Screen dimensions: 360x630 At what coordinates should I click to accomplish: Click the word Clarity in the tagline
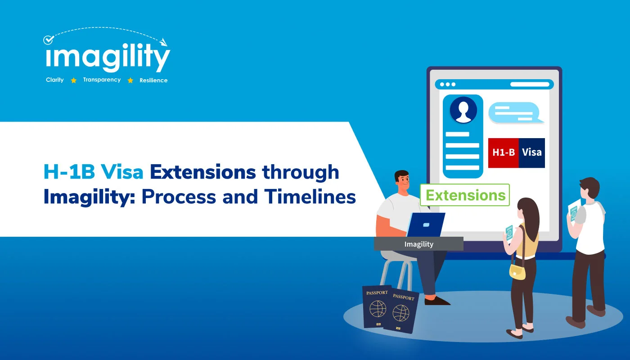click(x=55, y=80)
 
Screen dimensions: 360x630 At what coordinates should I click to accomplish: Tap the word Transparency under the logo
click(x=102, y=80)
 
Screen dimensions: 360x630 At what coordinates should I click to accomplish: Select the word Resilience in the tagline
click(x=153, y=81)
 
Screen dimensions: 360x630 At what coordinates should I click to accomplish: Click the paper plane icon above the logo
click(x=163, y=42)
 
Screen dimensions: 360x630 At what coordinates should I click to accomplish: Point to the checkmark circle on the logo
click(x=48, y=40)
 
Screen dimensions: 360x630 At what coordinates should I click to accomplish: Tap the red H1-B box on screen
click(x=504, y=153)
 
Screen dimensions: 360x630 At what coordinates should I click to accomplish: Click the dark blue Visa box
click(x=531, y=153)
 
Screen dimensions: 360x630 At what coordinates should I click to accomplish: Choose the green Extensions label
click(x=465, y=195)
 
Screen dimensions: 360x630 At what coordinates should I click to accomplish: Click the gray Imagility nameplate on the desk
click(x=418, y=244)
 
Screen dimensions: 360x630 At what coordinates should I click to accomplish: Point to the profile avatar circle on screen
click(x=463, y=110)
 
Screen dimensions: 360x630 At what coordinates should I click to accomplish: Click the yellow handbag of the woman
click(x=517, y=271)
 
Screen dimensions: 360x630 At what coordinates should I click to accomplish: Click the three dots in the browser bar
click(x=448, y=84)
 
